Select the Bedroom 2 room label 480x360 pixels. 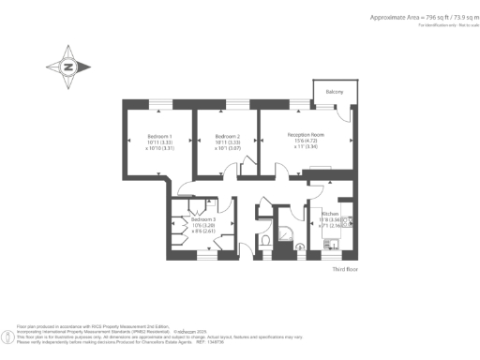pyautogui.click(x=229, y=136)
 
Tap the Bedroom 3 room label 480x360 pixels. pyautogui.click(x=203, y=219)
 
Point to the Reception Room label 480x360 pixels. pyautogui.click(x=305, y=136)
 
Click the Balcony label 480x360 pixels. pyautogui.click(x=335, y=92)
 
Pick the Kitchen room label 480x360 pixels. pyautogui.click(x=329, y=215)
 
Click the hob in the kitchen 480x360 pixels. pyautogui.click(x=346, y=223)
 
